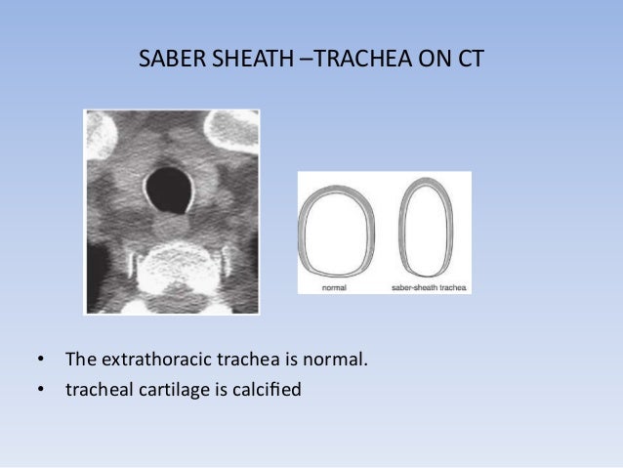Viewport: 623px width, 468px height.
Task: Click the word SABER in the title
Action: tap(165, 61)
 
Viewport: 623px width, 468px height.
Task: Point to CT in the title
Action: tap(467, 61)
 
